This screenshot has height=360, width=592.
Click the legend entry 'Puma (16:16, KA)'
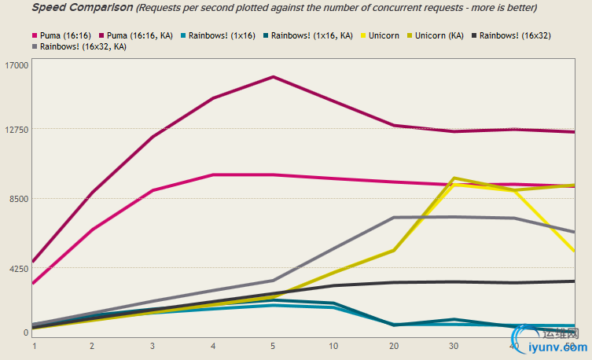coord(137,35)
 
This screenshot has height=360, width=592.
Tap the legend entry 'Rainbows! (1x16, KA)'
coord(307,35)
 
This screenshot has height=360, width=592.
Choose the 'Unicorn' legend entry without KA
coord(383,35)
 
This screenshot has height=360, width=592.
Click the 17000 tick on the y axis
coord(17,64)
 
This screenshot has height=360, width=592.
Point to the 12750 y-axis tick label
coord(17,129)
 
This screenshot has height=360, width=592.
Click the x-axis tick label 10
coord(333,345)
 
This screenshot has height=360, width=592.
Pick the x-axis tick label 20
coord(394,345)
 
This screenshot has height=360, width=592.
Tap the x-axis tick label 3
coord(153,345)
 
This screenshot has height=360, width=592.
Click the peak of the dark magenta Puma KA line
coord(273,77)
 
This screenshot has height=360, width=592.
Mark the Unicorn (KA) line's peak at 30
coord(454,178)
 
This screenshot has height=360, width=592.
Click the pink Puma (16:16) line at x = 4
coord(213,174)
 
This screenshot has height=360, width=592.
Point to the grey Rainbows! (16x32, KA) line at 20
coord(393,218)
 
